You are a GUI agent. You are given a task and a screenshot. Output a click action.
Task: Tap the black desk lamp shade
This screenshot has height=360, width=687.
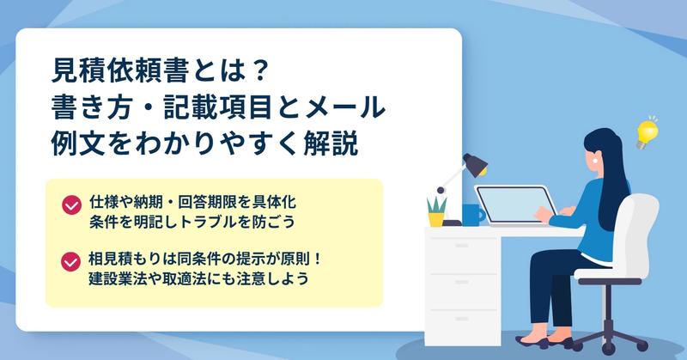click(477, 164)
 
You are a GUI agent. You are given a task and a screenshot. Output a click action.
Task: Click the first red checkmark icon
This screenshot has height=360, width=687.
click(71, 204)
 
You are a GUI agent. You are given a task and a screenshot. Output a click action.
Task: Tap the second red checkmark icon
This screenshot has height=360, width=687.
click(70, 262)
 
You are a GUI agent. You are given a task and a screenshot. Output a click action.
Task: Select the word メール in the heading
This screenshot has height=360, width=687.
click(345, 107)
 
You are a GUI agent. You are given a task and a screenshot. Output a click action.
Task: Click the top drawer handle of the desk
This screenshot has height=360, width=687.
click(461, 246)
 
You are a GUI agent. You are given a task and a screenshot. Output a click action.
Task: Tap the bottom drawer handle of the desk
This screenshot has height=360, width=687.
click(461, 319)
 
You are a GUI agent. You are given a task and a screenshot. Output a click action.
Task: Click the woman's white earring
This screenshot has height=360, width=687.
click(595, 161)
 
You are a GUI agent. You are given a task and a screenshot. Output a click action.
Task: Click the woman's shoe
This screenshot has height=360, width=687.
click(532, 342)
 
